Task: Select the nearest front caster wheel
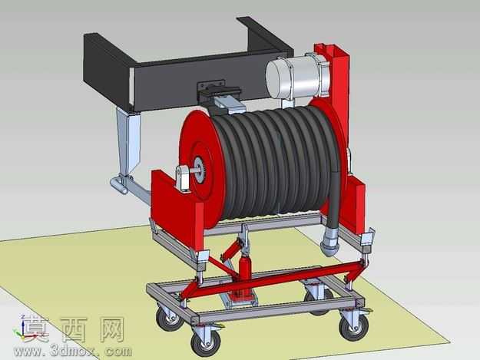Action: tap(205, 343)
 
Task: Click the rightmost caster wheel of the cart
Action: tap(355, 327)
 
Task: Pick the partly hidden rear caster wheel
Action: tap(319, 301)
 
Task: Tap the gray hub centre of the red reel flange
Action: tap(200, 169)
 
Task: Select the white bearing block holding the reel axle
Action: tap(183, 180)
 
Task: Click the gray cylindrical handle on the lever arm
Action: tap(118, 185)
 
